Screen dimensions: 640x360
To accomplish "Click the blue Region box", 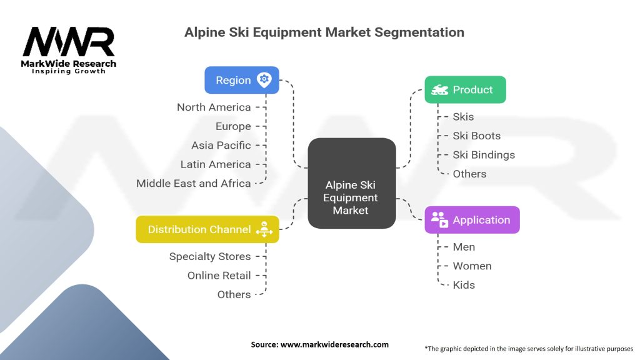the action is pos(242,80).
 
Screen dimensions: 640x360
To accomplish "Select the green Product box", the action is pos(465,89).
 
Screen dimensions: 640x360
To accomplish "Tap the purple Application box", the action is pos(472,220).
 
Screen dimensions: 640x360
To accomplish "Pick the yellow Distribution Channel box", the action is pos(207,229).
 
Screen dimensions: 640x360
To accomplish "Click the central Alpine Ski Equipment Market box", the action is pos(352,183).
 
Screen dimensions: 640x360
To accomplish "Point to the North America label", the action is pos(214,107).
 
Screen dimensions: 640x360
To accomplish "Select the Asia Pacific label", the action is pos(221,145).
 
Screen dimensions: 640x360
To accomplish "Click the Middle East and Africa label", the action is pos(194,183).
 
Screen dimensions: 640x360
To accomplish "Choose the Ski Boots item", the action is pos(477,136).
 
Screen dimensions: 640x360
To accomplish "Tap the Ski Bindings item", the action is pos(484,155).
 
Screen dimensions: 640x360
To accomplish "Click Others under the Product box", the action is pos(469,174).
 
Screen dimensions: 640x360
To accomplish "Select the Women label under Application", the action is pos(472,266).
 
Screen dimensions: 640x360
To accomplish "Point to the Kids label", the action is pos(464,285).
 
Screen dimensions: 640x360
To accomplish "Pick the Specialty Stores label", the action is pos(210,257).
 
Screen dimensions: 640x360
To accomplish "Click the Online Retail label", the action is pos(219,276).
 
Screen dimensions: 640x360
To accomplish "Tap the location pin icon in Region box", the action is pos(264,79).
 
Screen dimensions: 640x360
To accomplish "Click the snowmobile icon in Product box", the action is pos(439,90).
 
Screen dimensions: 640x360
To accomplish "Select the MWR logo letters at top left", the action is pos(69,42).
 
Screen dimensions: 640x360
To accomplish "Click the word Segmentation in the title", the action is pos(419,32).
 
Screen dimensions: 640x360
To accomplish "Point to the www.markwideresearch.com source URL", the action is pos(335,344).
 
